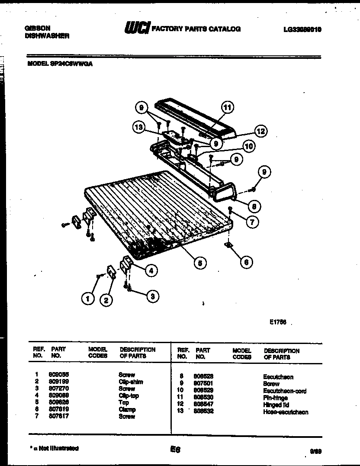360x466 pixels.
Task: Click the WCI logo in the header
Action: tap(137, 28)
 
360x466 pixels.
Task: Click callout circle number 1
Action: tap(88, 298)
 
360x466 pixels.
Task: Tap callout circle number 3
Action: tap(152, 296)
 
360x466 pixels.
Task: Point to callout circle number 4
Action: tap(151, 271)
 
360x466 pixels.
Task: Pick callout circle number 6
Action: tap(246, 262)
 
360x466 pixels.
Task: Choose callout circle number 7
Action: tap(252, 222)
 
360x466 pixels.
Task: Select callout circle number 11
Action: tap(228, 107)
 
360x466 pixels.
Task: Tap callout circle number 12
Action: tap(260, 131)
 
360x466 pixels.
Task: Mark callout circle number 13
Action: tap(139, 127)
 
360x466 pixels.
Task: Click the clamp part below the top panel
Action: tap(228, 246)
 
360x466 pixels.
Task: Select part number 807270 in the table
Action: tap(60, 389)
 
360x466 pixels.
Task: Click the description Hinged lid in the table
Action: tap(275, 405)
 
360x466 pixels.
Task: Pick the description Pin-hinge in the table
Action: tap(275, 398)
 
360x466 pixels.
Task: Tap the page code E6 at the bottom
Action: tap(175, 450)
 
